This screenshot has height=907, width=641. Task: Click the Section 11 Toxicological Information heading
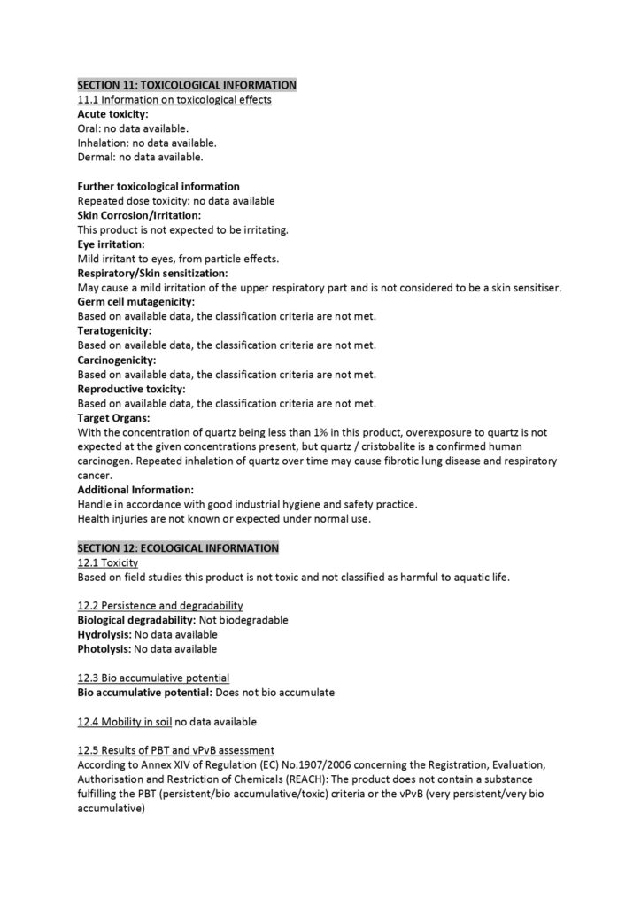tap(187, 85)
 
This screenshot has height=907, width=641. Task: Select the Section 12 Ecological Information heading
tap(178, 548)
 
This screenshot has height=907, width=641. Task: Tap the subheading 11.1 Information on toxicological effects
tap(174, 100)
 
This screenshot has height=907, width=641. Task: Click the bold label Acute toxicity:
tap(112, 114)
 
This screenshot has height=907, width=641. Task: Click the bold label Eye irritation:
tap(111, 244)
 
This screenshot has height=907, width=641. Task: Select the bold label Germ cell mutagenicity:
tap(135, 302)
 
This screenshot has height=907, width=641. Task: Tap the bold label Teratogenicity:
tap(114, 331)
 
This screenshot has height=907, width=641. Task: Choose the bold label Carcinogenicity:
tap(117, 360)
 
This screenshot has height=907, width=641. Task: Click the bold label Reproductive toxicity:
tap(131, 389)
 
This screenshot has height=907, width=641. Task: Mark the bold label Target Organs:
tap(113, 418)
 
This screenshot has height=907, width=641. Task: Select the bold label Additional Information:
tap(135, 490)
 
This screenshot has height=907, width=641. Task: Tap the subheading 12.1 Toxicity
tap(108, 562)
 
